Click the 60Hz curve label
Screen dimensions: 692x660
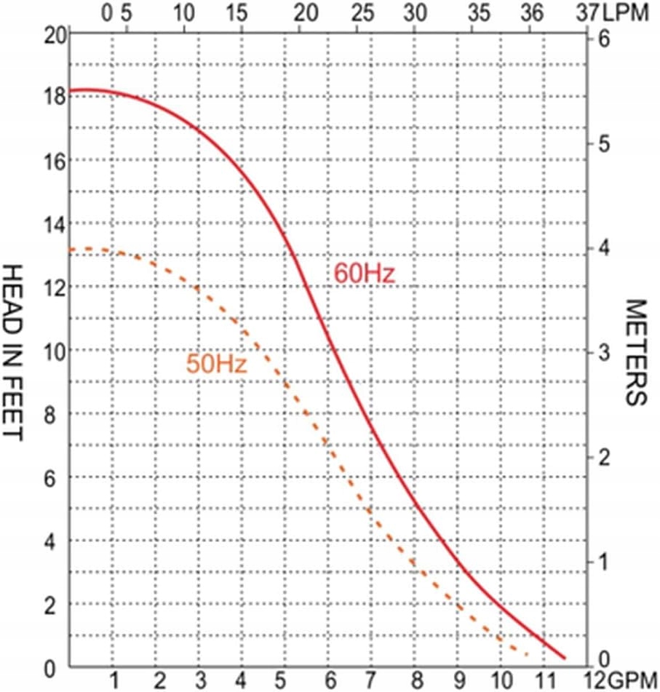pyautogui.click(x=363, y=275)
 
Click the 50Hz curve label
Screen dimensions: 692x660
pyautogui.click(x=217, y=364)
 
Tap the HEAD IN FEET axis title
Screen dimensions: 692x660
pyautogui.click(x=15, y=351)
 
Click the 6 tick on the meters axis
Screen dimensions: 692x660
pyautogui.click(x=603, y=40)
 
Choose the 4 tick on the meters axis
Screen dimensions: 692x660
pyautogui.click(x=603, y=249)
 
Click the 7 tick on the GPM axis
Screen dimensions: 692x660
pyautogui.click(x=372, y=680)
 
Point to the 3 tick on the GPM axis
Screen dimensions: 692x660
pyautogui.click(x=199, y=680)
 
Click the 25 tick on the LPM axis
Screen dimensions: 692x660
pyautogui.click(x=362, y=12)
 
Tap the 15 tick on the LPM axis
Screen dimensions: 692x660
pyautogui.click(x=236, y=12)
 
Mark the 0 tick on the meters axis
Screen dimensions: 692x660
pyautogui.click(x=603, y=659)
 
